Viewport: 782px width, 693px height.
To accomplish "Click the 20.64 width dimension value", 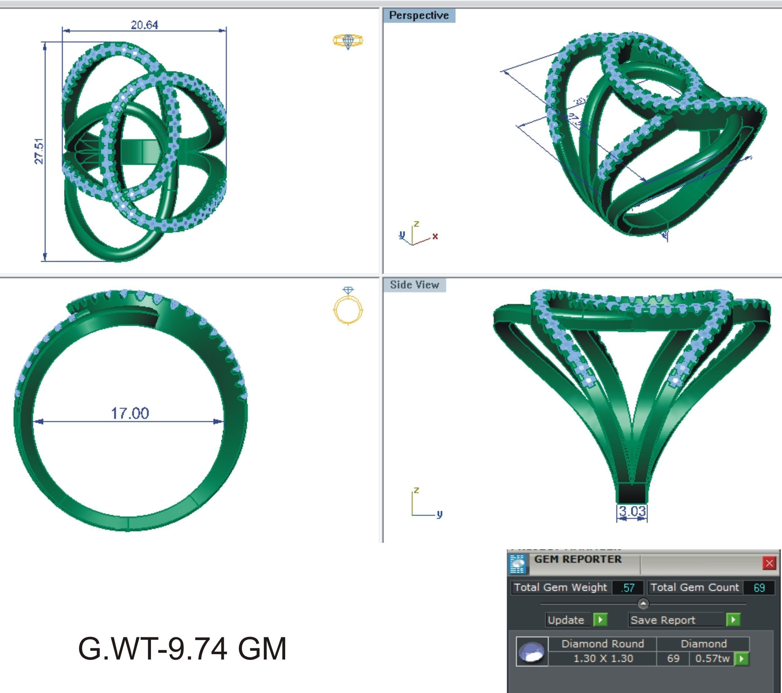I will (144, 25).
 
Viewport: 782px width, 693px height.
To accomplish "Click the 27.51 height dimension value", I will (39, 151).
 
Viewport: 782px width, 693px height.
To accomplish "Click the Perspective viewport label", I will (419, 16).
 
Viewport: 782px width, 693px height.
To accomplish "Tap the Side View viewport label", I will (414, 285).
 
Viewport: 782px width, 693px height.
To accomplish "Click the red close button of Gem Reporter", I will (769, 563).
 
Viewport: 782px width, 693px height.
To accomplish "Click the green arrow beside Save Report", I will (733, 620).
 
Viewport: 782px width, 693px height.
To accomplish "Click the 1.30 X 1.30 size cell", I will (603, 659).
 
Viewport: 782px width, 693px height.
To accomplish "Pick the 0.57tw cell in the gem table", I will (712, 659).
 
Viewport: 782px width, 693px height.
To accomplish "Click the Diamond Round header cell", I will (603, 644).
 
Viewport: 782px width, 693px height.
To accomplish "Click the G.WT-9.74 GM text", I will (182, 649).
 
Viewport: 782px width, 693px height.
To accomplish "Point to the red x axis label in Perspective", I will (435, 236).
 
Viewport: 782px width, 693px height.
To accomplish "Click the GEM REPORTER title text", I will (578, 559).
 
